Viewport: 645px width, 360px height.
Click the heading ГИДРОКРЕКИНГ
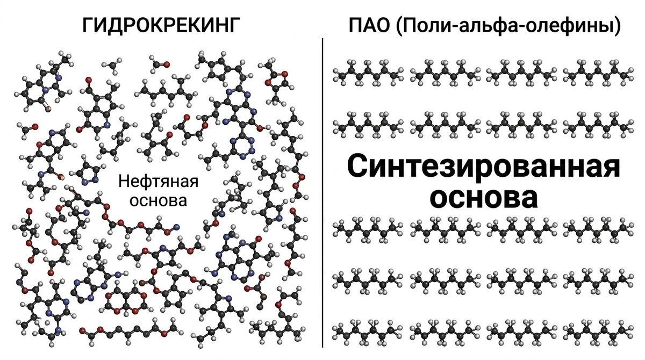(159, 25)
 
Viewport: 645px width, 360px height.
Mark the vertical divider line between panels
(322, 193)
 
